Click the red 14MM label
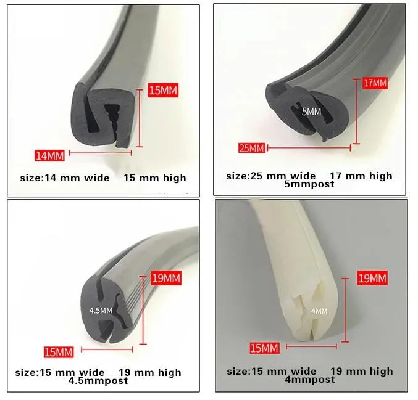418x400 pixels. click(49, 154)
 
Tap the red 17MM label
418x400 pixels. click(374, 82)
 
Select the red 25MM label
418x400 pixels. click(252, 148)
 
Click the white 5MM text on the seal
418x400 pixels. click(312, 112)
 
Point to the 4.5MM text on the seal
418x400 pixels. click(101, 310)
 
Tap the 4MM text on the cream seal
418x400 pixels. click(319, 311)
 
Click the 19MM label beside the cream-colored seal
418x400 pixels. click(373, 279)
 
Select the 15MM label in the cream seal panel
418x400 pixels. click(264, 349)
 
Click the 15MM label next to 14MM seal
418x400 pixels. click(163, 91)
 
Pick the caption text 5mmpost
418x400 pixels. click(309, 184)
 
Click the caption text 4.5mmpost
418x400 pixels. click(98, 381)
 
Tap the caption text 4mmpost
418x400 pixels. click(309, 380)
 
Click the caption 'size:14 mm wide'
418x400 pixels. click(62, 178)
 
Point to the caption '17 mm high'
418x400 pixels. click(361, 176)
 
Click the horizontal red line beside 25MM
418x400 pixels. click(309, 147)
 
